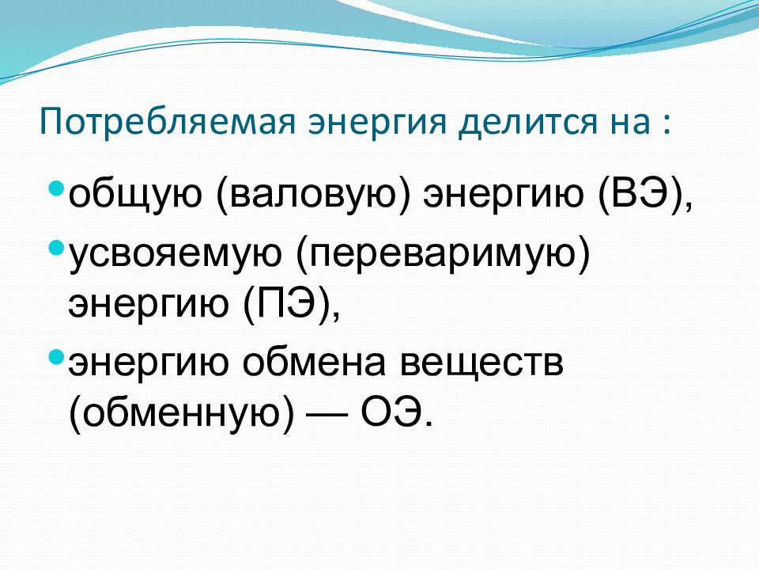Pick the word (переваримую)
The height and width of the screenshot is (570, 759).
coord(443,254)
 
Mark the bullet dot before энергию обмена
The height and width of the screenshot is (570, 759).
coord(55,356)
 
